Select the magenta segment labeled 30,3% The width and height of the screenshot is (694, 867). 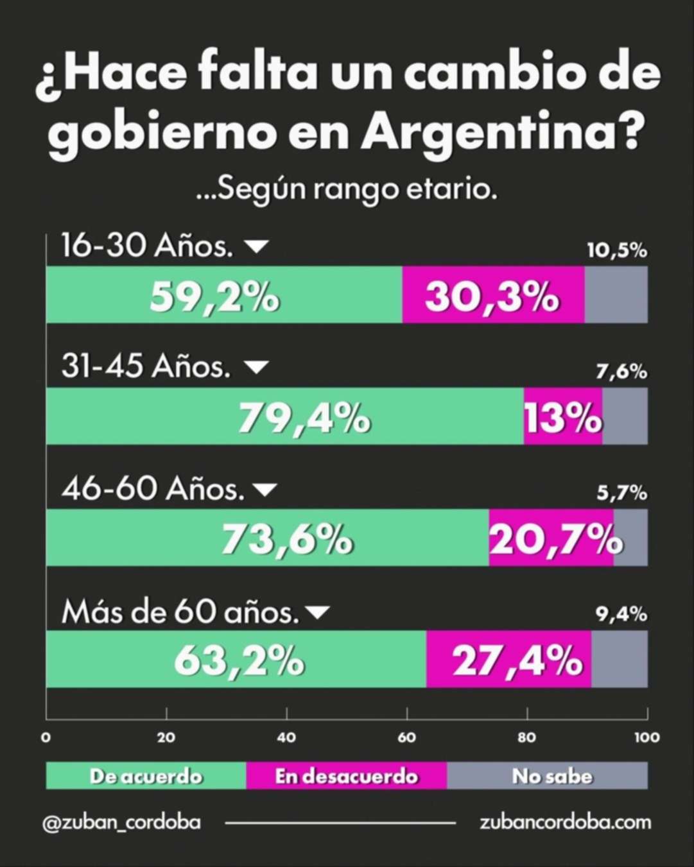[492, 295]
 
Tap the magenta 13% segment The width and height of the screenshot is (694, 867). [562, 416]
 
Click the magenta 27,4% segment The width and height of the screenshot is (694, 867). [508, 659]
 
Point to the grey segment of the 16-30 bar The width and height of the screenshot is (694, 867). [616, 295]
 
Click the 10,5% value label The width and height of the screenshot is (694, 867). [616, 250]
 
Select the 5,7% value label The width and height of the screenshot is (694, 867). [621, 493]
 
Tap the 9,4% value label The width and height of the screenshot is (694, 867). [621, 614]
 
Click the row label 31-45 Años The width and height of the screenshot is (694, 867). [146, 366]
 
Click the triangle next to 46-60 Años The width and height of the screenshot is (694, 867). [265, 490]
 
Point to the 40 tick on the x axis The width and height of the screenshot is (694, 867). [286, 737]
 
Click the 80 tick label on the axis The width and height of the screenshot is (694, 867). [526, 737]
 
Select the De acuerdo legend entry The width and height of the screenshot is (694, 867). [146, 776]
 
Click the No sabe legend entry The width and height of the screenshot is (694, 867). [551, 776]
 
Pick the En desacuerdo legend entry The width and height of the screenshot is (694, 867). [346, 776]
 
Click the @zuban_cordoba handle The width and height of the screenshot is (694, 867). [121, 822]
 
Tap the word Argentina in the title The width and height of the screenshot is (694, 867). [502, 132]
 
